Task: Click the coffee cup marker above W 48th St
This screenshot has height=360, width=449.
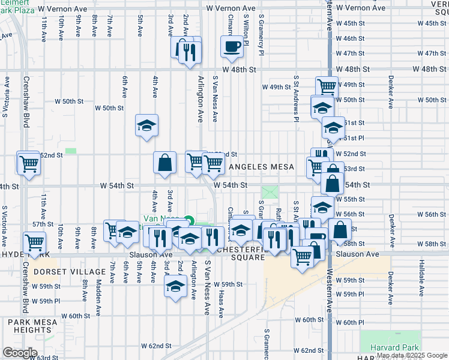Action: [232, 47]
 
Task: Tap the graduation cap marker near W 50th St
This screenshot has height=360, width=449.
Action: [146, 125]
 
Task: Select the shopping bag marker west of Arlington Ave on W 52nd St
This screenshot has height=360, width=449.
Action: [164, 163]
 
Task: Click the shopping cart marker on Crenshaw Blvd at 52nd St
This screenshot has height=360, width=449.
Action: [28, 163]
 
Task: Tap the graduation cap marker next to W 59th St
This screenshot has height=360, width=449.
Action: [175, 286]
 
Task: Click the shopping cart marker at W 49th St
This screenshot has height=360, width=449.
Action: [327, 86]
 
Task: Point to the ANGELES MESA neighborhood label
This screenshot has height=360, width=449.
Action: [261, 167]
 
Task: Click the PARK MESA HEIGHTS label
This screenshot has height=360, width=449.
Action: [33, 326]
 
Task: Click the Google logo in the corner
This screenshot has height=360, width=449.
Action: [20, 352]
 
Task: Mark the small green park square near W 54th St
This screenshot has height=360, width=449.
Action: [270, 193]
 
